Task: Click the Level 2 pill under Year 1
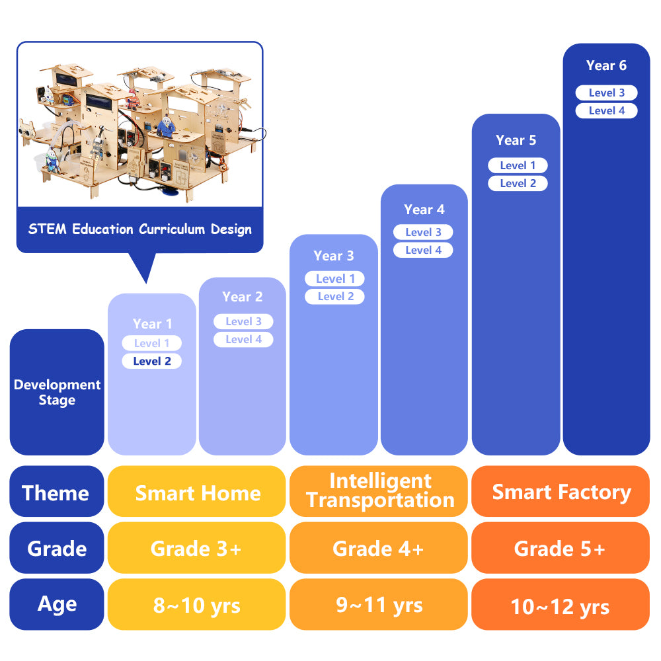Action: [152, 361]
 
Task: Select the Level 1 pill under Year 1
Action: [152, 343]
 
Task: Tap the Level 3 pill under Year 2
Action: [243, 321]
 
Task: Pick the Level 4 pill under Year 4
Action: [423, 250]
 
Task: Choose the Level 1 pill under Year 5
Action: [518, 165]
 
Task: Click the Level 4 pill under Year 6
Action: [607, 110]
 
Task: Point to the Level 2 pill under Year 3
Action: [334, 296]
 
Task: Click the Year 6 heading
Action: [606, 65]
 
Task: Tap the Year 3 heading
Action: [333, 255]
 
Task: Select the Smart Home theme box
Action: [196, 491]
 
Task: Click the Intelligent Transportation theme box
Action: [379, 491]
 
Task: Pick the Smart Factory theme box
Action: [561, 491]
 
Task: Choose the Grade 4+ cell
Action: [379, 547]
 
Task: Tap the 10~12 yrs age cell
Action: [561, 605]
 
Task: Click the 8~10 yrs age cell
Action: [196, 605]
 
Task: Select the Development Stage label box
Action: [57, 392]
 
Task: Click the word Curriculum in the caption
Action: [172, 229]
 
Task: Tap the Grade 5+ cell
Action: [561, 547]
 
